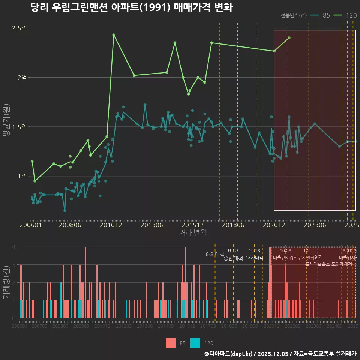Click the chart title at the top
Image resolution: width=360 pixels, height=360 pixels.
click(132, 8)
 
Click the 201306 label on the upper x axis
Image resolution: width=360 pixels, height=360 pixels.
click(151, 225)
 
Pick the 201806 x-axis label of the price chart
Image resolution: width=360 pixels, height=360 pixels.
click(233, 225)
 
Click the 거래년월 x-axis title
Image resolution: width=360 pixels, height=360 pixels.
click(193, 233)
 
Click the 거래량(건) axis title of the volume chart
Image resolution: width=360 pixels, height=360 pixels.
click(6, 282)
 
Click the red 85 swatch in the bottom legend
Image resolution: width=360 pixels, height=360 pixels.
click(171, 343)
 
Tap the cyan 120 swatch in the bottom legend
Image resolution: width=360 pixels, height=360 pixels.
click(195, 343)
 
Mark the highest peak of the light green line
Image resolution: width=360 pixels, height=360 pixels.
click(114, 35)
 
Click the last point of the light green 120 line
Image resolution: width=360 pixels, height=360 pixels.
click(289, 38)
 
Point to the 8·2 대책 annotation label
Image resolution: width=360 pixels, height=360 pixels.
click(215, 254)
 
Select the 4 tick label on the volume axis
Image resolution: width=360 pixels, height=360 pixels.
click(13, 247)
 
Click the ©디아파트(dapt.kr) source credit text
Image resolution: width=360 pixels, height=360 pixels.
click(229, 354)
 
